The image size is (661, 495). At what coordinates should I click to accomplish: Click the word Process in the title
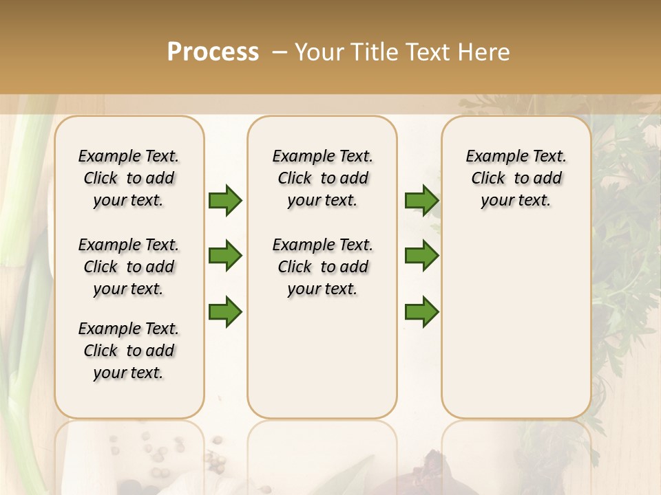[x=213, y=52]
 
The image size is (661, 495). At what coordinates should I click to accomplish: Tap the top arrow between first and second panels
[x=225, y=201]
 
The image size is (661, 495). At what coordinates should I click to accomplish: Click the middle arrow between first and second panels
[x=225, y=256]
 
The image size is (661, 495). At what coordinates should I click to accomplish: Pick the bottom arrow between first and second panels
[x=225, y=312]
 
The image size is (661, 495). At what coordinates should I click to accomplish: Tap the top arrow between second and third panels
[x=421, y=201]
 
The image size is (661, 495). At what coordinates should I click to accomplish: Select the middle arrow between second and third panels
[x=421, y=256]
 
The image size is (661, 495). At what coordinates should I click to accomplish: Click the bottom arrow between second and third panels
[x=421, y=312]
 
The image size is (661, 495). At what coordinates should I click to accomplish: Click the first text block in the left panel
[x=129, y=178]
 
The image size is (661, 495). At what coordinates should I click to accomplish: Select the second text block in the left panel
[x=129, y=267]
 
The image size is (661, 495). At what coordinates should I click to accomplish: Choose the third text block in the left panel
[x=129, y=351]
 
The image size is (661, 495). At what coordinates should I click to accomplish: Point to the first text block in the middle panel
[x=322, y=178]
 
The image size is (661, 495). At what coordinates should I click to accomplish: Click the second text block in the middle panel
[x=322, y=267]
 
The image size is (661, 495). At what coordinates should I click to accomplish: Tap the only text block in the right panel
[x=516, y=178]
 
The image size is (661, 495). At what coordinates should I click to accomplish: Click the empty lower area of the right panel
[x=516, y=323]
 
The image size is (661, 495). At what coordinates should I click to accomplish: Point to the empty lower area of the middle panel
[x=322, y=357]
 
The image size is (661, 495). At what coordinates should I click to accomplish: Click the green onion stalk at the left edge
[x=21, y=206]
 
